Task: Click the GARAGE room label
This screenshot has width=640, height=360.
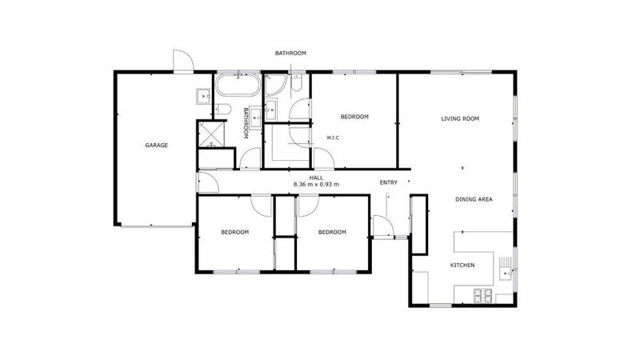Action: [x=156, y=145]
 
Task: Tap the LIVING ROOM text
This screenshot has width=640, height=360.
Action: [x=460, y=118]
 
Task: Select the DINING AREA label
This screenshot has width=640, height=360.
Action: [x=474, y=199]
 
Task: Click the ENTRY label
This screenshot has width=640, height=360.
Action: [x=389, y=182]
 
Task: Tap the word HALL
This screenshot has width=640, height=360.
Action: [x=317, y=178]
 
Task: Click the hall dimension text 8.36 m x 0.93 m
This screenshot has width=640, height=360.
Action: [x=317, y=185]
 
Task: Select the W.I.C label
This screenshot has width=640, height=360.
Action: [x=334, y=138]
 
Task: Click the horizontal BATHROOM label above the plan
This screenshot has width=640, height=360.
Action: [x=290, y=53]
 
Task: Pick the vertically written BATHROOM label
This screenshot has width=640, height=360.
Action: [x=246, y=125]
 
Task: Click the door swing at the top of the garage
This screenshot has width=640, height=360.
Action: [x=182, y=61]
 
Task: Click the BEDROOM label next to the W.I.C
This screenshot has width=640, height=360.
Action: [x=354, y=117]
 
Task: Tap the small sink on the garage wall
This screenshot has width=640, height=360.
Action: [x=202, y=98]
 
